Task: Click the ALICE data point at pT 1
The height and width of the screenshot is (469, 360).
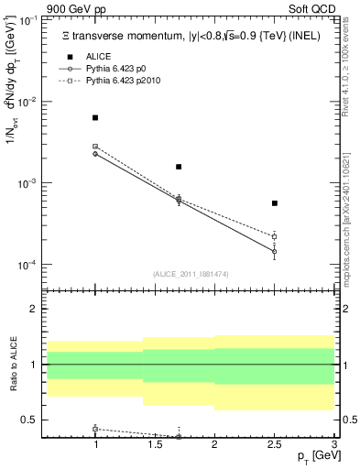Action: point(95,118)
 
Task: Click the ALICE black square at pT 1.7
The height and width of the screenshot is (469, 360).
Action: point(179,167)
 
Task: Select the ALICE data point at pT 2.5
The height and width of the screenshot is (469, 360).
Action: point(275,203)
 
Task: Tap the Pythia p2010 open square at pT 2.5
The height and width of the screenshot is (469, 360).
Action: point(275,236)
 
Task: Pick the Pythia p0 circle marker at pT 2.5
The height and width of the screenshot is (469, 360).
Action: point(275,251)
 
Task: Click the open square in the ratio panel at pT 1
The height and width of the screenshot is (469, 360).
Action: point(95,429)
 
